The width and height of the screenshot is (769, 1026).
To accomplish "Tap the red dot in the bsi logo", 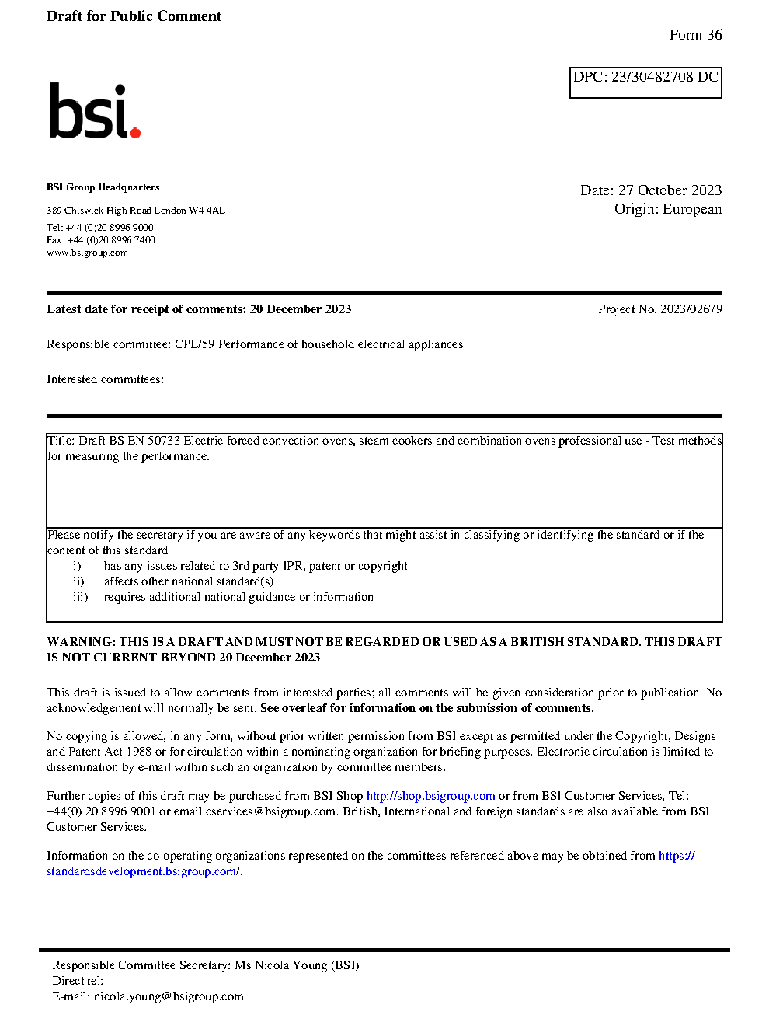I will [x=136, y=133].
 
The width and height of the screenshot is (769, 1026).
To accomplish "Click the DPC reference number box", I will [x=645, y=82].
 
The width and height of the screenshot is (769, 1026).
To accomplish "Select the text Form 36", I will [x=695, y=35].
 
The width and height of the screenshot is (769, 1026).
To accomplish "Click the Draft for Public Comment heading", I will [x=134, y=16].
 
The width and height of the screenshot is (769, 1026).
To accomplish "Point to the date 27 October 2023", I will [x=670, y=190].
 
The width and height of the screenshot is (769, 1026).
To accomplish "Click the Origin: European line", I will [x=667, y=209].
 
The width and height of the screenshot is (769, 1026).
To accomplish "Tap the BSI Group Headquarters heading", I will [x=103, y=187].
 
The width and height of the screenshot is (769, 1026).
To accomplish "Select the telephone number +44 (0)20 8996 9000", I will [x=110, y=228].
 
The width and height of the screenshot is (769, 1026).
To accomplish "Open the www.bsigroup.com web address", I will [x=87, y=253].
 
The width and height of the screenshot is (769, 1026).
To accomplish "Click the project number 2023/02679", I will [x=691, y=309].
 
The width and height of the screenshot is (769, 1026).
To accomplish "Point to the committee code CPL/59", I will [x=194, y=344].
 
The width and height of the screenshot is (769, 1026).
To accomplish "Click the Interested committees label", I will [x=105, y=379].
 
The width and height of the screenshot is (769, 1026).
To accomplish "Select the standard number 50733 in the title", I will [x=164, y=441].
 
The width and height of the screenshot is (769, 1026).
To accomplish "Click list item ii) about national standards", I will [x=188, y=581].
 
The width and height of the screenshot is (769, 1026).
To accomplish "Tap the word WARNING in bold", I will [x=81, y=642].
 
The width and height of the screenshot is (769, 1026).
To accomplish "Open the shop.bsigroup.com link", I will [x=430, y=796].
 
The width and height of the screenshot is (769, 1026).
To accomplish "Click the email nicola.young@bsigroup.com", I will [x=169, y=996].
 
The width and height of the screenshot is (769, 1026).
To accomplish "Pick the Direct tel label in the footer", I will [x=77, y=981].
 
